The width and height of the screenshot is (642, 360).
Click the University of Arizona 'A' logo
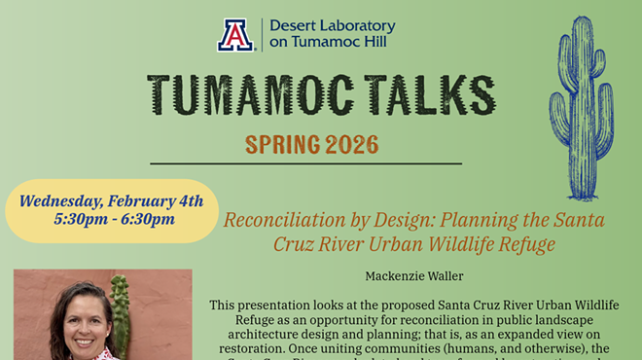point(234,35)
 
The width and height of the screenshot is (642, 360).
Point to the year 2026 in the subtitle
point(347,146)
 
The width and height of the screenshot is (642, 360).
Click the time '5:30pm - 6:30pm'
point(112,219)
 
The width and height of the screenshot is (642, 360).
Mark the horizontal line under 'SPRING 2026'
point(305,163)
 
